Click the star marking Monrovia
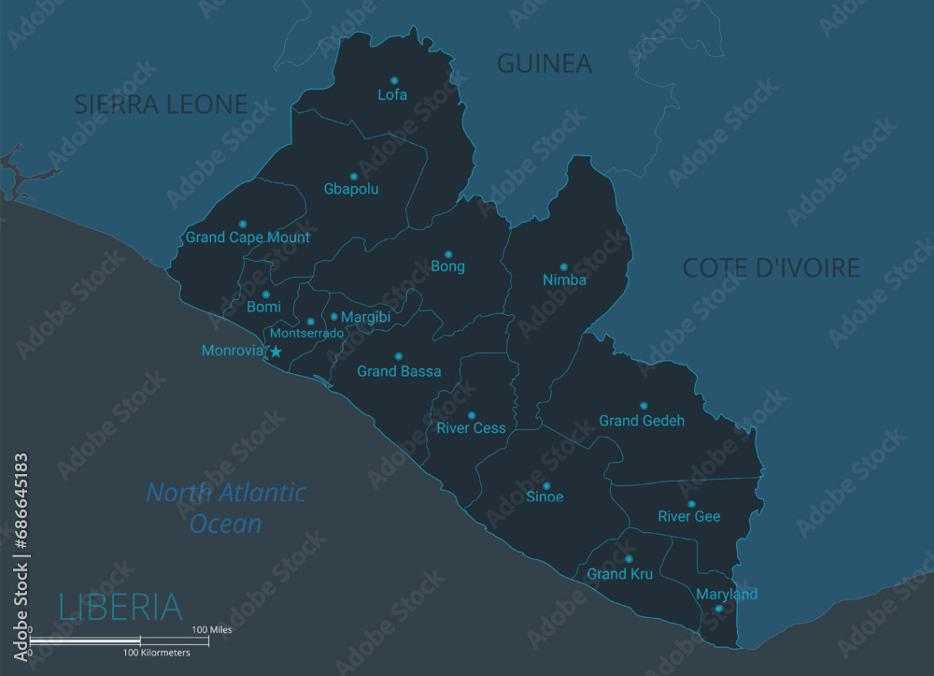(276, 352)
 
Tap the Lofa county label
(392, 95)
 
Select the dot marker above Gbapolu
(354, 176)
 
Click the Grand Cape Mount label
(248, 237)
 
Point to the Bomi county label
(263, 308)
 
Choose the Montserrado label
(306, 333)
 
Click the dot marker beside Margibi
(333, 317)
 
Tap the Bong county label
(447, 267)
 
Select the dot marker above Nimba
(563, 266)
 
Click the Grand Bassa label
(399, 372)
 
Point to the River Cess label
(471, 429)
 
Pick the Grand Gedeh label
(642, 422)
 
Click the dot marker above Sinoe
(546, 485)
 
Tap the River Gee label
(689, 517)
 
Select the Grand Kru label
(620, 574)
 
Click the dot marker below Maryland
(718, 609)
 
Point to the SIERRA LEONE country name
(161, 105)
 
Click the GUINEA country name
(544, 64)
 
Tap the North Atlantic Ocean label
(226, 508)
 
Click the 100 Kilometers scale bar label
(157, 653)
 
